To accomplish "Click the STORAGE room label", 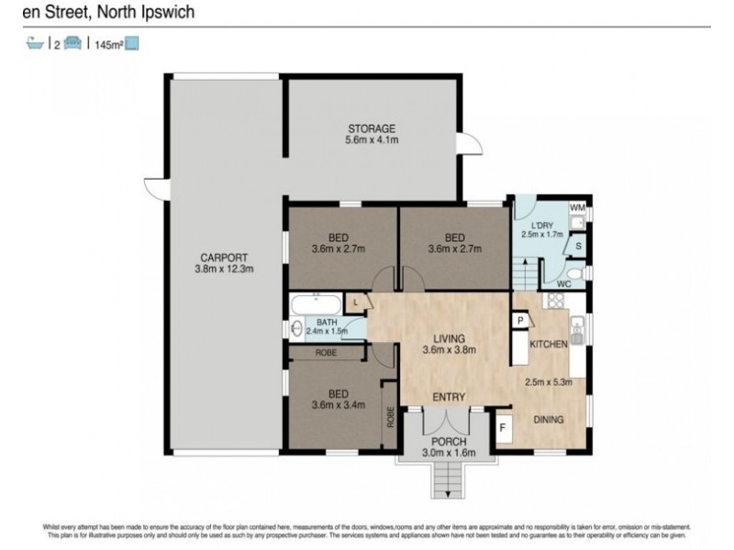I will tap(372, 127).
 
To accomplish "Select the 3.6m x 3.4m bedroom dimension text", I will tap(339, 404).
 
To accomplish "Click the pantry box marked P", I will tap(520, 320).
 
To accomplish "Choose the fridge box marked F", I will tap(502, 427).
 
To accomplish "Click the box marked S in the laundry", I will tap(578, 246).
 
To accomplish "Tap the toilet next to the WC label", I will tap(573, 273).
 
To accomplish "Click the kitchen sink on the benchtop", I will tap(577, 327).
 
